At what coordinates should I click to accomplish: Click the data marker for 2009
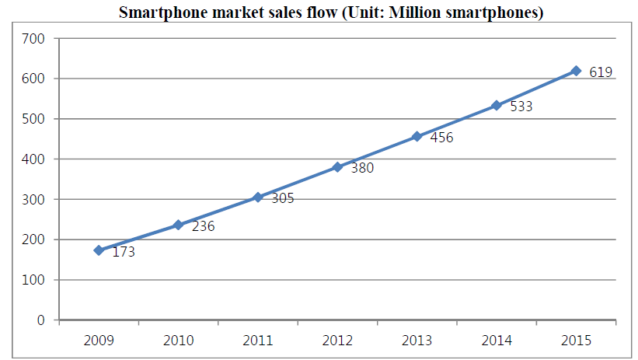[99, 250]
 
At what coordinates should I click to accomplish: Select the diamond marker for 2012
[337, 167]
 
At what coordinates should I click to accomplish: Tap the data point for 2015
[576, 71]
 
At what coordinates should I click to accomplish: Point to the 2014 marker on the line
[497, 105]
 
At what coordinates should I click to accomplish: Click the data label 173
[124, 252]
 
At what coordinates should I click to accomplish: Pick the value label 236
[203, 227]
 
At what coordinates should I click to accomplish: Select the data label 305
[283, 198]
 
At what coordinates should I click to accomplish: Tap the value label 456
[441, 138]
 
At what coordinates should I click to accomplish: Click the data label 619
[601, 72]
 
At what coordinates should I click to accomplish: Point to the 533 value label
[521, 107]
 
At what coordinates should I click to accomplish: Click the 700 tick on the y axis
[34, 38]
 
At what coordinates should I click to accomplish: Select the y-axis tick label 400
[34, 159]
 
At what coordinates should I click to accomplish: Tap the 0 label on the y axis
[41, 320]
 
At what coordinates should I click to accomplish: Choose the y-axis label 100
[34, 280]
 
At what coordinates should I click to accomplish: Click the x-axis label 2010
[178, 340]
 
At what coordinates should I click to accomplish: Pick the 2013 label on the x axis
[417, 340]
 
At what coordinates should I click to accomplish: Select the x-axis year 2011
[257, 340]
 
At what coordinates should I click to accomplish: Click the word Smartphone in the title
[157, 13]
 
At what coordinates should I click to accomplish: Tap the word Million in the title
[421, 13]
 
